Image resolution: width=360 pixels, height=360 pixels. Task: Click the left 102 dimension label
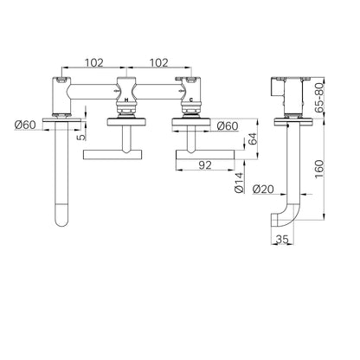tap(93, 62)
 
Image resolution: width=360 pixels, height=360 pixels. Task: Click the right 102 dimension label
tap(158, 62)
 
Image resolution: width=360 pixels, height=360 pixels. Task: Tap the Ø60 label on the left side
tap(25, 125)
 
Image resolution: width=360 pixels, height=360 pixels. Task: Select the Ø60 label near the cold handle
tap(228, 125)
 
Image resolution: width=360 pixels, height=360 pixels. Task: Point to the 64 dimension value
tap(252, 139)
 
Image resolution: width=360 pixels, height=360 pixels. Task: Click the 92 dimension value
tap(205, 165)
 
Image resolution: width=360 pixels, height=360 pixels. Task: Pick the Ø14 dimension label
tap(239, 183)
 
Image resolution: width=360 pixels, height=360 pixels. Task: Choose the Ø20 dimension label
tap(263, 190)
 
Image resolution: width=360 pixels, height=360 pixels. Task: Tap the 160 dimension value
tap(319, 169)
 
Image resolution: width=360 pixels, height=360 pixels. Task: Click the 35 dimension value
tap(282, 239)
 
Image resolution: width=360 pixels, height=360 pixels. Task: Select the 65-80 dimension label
tap(319, 97)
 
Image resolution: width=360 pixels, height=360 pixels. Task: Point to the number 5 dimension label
tap(82, 137)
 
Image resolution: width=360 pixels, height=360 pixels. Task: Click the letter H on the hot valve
tap(126, 100)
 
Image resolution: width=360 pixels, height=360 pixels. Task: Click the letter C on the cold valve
tap(191, 100)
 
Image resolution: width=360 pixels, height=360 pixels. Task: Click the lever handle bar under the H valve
tap(112, 155)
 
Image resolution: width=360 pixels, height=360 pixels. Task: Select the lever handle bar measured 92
tap(205, 155)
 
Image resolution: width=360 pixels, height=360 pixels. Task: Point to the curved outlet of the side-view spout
tap(282, 220)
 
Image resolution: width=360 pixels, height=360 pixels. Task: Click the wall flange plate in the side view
tap(293, 122)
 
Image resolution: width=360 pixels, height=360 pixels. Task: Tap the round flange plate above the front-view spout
tap(61, 120)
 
